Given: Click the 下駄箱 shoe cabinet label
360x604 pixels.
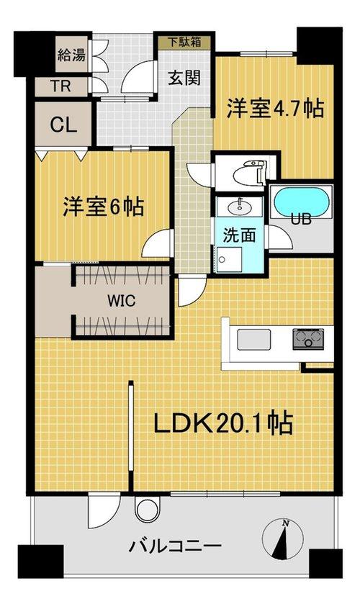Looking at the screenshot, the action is (185, 42).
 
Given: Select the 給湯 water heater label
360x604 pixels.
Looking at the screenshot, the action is (71, 55).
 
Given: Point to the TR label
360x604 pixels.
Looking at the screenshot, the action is (61, 86).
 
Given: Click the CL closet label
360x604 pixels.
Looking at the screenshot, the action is (63, 125).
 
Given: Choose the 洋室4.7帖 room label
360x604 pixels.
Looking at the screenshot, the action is (274, 108).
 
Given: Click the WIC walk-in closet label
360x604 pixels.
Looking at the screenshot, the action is (122, 300).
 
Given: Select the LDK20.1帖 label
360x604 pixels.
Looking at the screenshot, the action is (223, 423).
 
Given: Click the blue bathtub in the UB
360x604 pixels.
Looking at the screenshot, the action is (302, 202).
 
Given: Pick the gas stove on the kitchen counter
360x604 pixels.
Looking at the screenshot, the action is (308, 339).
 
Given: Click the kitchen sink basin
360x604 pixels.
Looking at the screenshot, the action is (253, 340).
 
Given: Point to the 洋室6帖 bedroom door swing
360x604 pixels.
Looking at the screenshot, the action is (156, 243).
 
